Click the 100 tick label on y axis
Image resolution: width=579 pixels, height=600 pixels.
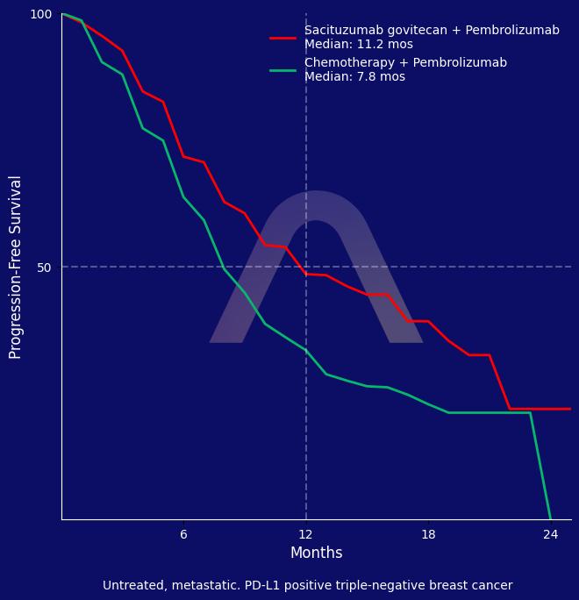click(x=41, y=14)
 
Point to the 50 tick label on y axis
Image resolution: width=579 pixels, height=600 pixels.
click(x=44, y=268)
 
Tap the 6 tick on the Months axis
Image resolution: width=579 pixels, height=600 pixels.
click(x=183, y=534)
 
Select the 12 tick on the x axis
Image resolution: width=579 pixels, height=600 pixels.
click(x=306, y=534)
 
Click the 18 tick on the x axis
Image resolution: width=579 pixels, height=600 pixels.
click(x=428, y=534)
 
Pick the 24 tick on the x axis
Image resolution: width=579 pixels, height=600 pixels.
click(x=551, y=534)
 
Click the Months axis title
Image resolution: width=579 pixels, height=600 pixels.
click(x=316, y=554)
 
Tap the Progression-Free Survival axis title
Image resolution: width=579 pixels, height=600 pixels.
click(x=16, y=267)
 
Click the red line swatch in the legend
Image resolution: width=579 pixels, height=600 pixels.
click(x=282, y=38)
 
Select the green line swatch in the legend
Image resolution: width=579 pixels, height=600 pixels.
click(x=282, y=70)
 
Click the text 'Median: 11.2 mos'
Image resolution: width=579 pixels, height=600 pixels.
click(x=359, y=45)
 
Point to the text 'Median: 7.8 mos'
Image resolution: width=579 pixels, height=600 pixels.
click(x=354, y=77)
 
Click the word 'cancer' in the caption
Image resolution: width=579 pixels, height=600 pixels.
click(x=491, y=586)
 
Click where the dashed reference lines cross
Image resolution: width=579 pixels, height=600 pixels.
click(x=306, y=267)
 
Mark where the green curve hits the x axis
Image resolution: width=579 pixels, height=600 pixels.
click(x=551, y=519)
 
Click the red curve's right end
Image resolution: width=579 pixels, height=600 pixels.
click(x=570, y=409)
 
